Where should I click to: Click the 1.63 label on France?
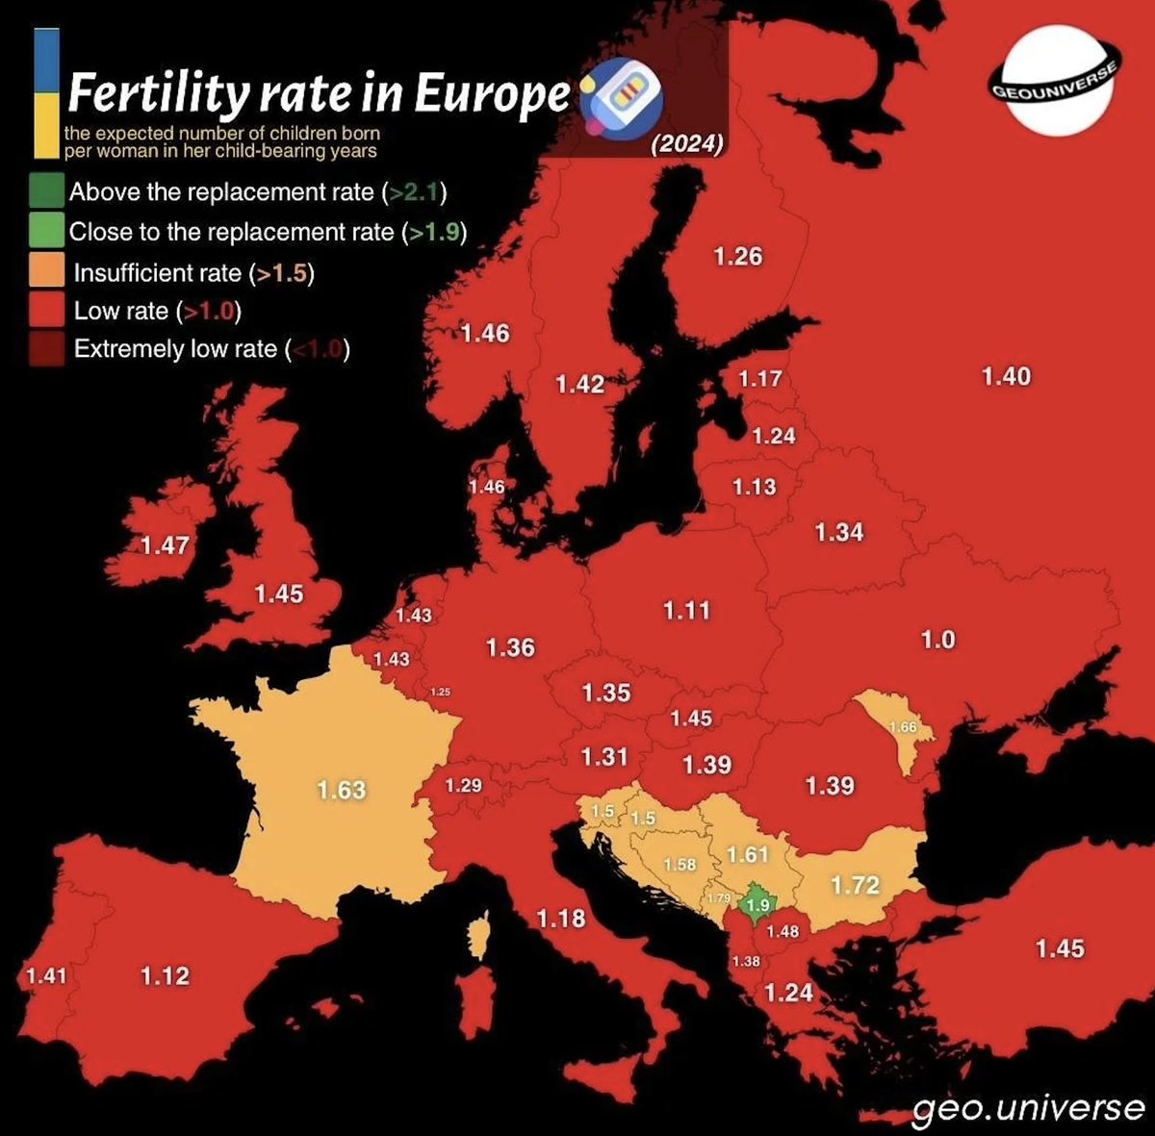tap(342, 790)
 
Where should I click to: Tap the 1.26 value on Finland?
tap(738, 257)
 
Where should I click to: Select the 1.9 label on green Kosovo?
tap(758, 905)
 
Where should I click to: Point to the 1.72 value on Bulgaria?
tap(855, 884)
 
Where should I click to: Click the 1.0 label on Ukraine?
tap(938, 640)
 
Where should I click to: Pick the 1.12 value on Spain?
tap(165, 976)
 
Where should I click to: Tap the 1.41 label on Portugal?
tap(46, 976)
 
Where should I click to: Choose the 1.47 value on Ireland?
tap(165, 545)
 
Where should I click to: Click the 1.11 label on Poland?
tap(686, 610)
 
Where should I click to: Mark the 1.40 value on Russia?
tap(1006, 376)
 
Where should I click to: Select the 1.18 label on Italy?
tap(561, 919)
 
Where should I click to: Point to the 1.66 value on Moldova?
tap(902, 727)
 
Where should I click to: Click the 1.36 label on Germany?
tap(510, 647)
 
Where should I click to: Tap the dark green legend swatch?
tap(47, 191)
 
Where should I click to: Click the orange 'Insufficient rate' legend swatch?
tap(47, 272)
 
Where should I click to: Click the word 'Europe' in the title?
tap(492, 94)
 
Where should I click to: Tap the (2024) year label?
tap(686, 144)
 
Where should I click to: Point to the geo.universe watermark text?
tap(1028, 1109)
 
